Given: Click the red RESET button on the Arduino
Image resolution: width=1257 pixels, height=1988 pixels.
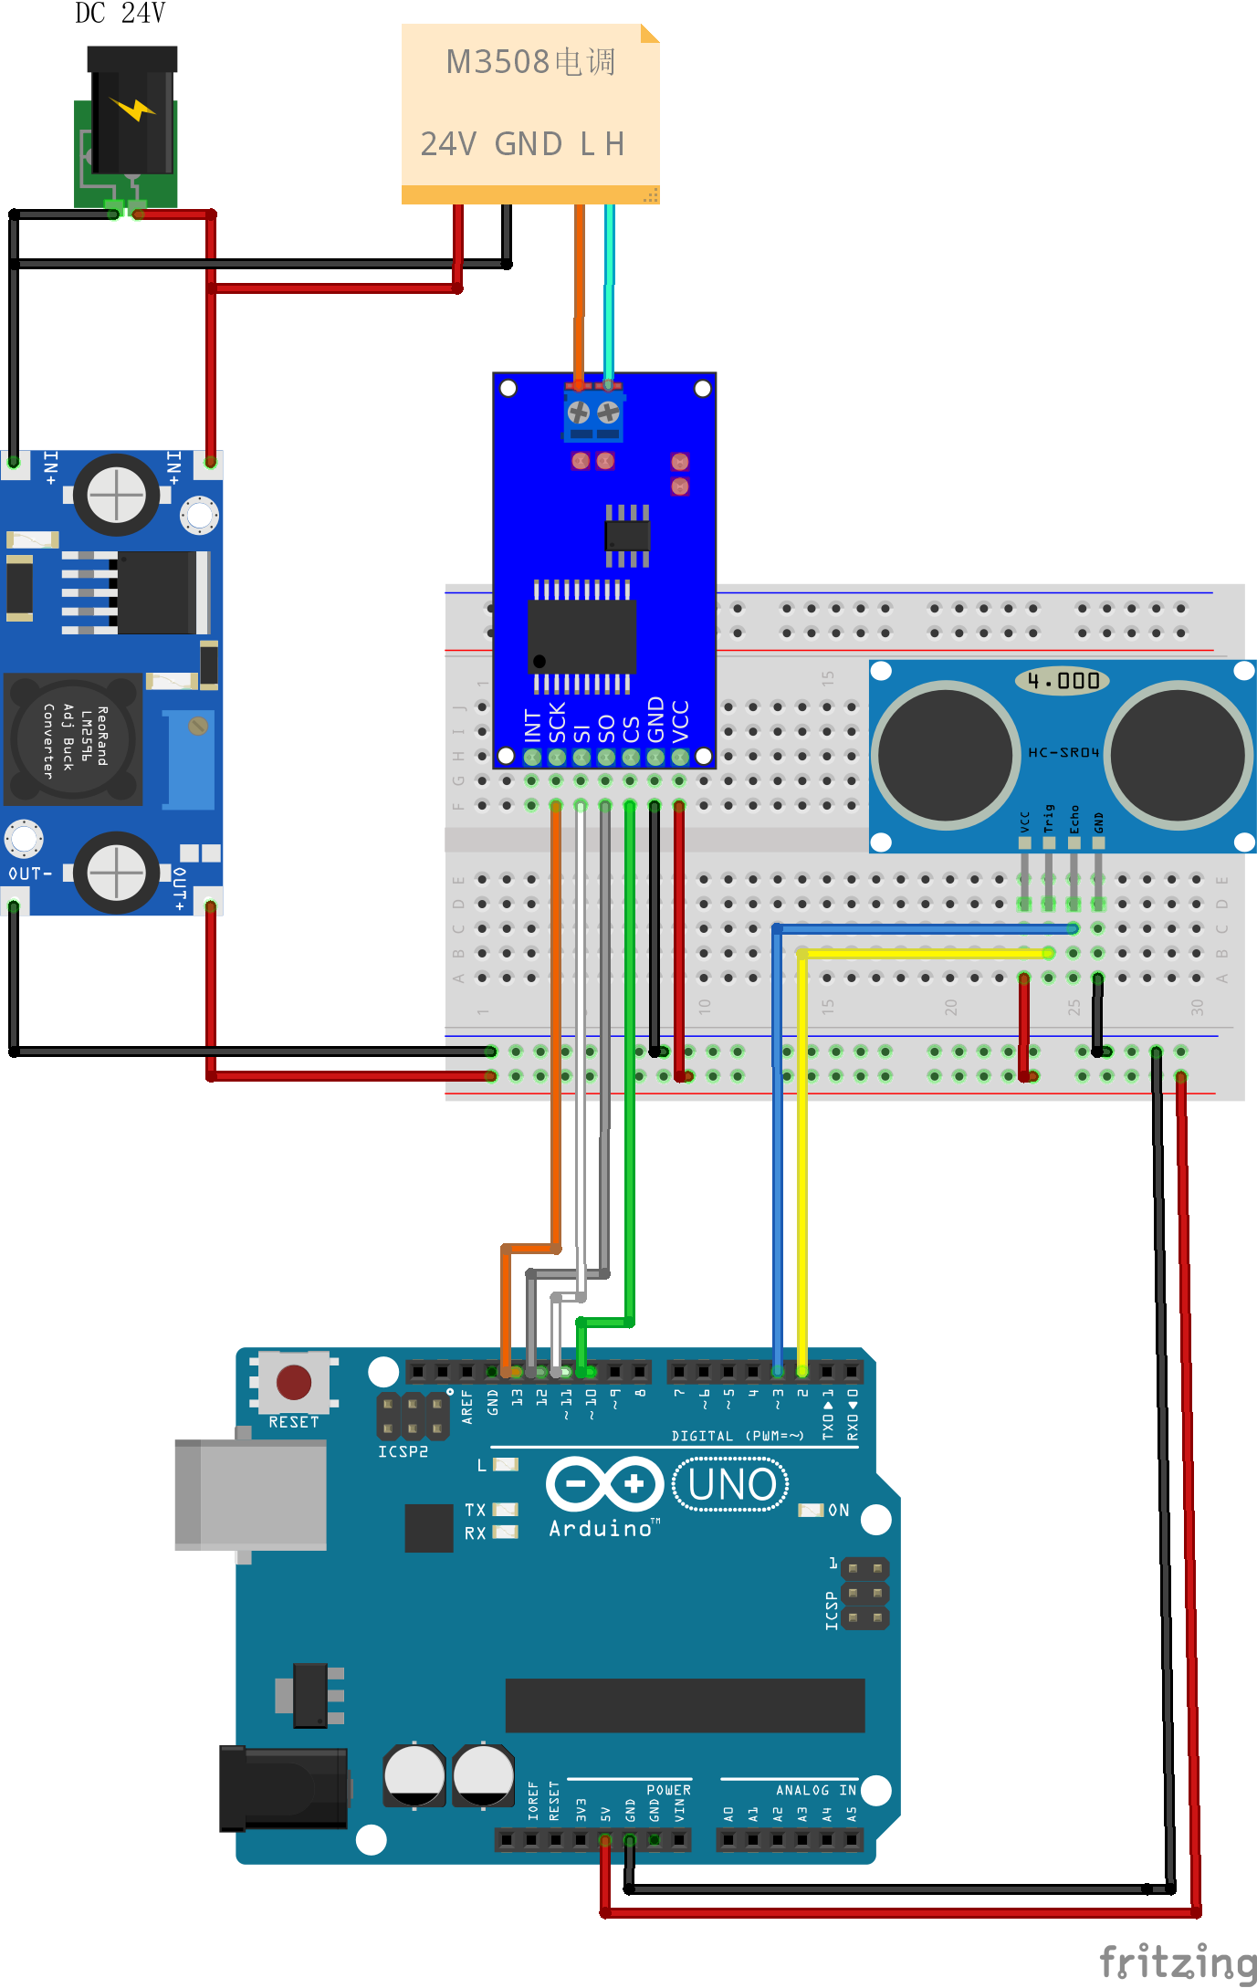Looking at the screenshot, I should pos(293,1382).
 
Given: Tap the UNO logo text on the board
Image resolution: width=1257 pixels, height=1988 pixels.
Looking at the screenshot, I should pos(731,1484).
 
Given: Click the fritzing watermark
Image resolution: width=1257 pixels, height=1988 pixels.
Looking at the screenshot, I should pos(1178,1962).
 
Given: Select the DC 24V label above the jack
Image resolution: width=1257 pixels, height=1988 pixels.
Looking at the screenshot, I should pos(120,14).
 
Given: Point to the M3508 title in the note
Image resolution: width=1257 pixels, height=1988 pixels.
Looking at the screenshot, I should pos(529,62).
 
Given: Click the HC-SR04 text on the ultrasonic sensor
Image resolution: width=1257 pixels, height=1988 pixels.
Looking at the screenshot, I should pos(1063,752).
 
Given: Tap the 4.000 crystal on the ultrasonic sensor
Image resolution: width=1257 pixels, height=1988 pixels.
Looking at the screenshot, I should pos(1063,680).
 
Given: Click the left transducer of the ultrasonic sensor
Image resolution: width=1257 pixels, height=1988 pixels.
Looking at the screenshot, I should pos(946,754).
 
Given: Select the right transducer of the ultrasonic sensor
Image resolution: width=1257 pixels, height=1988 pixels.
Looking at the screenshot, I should pos(1178,754).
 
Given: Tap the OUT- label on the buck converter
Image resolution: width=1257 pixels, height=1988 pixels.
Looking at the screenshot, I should pos(30,874).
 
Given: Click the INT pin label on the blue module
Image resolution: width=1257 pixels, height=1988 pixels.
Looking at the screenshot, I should pos(533,726).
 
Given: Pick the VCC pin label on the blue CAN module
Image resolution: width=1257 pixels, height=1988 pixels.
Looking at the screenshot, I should pos(680,721).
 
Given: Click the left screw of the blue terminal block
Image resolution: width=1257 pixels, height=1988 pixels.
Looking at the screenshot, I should pos(579,413).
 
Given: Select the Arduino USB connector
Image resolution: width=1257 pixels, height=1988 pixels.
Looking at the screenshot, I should pos(251,1494).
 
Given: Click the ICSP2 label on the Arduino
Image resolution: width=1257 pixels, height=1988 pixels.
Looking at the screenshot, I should pos(403,1451).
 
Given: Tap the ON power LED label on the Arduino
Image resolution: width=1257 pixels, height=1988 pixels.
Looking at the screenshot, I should pos(838,1511).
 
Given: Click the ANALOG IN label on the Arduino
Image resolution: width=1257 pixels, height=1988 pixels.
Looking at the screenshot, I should pos(815,1790).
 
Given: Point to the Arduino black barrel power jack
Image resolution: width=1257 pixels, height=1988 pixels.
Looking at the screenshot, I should pos(283,1788).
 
